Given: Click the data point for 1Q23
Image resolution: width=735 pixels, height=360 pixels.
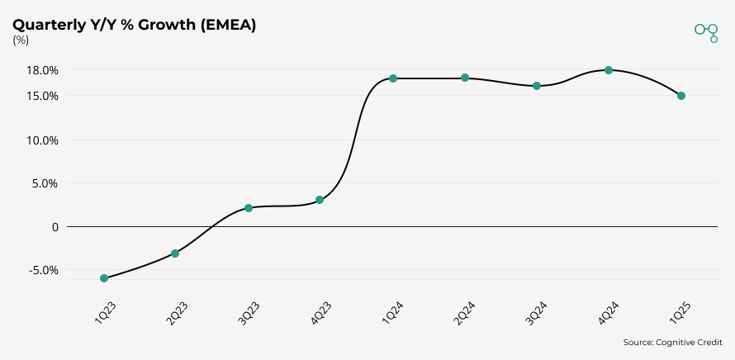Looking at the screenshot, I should click(104, 278).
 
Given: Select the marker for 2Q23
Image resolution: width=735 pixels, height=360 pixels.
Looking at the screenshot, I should click(175, 253).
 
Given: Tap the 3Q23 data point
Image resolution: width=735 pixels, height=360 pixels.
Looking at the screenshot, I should click(249, 208).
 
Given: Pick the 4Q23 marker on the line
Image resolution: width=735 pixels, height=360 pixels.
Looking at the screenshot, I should click(320, 200).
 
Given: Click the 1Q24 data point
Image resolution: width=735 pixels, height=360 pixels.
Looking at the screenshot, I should click(393, 78).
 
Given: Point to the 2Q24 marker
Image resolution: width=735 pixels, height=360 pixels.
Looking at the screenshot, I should click(465, 78).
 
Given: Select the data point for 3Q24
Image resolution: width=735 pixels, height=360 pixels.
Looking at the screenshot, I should click(537, 86).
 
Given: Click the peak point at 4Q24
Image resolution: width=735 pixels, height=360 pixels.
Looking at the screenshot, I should click(609, 70).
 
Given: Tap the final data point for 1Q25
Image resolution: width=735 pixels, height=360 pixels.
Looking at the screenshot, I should click(681, 96).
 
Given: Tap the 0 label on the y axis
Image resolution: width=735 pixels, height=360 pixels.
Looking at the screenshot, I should click(55, 226).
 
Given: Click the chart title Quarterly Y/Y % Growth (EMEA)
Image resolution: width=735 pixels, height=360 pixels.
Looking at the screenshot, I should click(134, 25).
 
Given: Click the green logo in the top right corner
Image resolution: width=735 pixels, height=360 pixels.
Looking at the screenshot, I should click(706, 31).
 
